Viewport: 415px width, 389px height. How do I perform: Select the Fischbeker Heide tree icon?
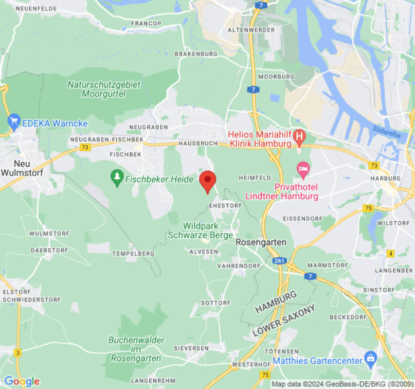pos(117,178)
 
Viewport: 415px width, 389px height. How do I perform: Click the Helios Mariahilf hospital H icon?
pos(300,136)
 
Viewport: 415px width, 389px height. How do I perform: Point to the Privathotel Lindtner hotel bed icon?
pos(303,170)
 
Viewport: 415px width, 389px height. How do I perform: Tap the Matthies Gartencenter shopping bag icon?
pos(371,359)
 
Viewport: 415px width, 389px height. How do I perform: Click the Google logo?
pos(21,381)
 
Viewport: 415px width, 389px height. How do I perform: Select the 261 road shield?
pos(278,261)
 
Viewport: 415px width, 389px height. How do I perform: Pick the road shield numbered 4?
pos(390,253)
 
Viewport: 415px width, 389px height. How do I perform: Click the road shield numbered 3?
pos(18,353)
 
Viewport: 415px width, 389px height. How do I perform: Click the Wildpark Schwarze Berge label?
pos(200,230)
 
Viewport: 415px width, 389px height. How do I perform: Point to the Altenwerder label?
pos(252,30)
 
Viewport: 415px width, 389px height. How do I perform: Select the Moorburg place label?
pos(276,77)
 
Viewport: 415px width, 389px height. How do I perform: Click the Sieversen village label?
pos(192,348)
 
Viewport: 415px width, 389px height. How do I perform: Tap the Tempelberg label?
pos(133,254)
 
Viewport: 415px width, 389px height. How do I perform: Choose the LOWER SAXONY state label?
pos(284,320)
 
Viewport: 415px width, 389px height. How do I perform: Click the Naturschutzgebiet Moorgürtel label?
pos(104,88)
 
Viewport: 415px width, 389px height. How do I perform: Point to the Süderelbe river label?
pos(387,132)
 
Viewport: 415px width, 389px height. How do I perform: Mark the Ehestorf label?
pos(225,206)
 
